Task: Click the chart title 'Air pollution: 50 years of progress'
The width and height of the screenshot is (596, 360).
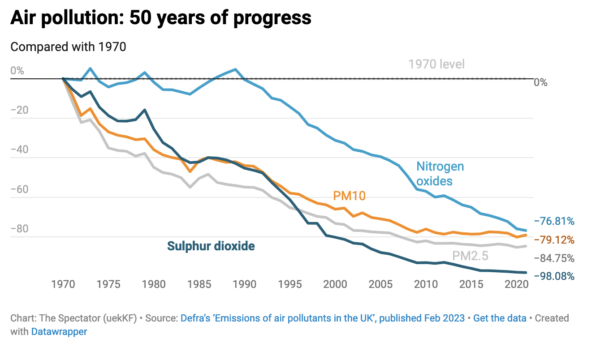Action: pyautogui.click(x=161, y=18)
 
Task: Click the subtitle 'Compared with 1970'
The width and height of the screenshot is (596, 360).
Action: pyautogui.click(x=68, y=47)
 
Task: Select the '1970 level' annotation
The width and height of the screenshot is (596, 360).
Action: pyautogui.click(x=436, y=64)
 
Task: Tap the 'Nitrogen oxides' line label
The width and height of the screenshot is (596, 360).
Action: pyautogui.click(x=440, y=174)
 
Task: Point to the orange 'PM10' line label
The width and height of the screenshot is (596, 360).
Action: pyautogui.click(x=350, y=196)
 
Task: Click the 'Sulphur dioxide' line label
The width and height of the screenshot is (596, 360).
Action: pyautogui.click(x=211, y=246)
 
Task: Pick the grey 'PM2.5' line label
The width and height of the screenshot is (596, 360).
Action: pyautogui.click(x=470, y=256)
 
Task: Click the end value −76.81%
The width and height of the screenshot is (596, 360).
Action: pyautogui.click(x=554, y=221)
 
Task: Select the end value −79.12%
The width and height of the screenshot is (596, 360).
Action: pyautogui.click(x=554, y=240)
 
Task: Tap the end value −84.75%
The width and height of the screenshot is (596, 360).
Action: pyautogui.click(x=554, y=258)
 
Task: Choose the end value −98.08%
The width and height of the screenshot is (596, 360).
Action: pyautogui.click(x=554, y=276)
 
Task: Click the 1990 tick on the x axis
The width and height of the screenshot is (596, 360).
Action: pyautogui.click(x=244, y=284)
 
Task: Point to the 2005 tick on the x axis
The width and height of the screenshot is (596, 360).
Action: pyautogui.click(x=380, y=284)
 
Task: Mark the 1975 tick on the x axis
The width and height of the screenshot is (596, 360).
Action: pyautogui.click(x=108, y=284)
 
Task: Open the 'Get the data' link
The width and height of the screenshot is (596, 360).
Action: pyautogui.click(x=500, y=318)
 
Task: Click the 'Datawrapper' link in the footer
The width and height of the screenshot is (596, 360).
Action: pyautogui.click(x=59, y=332)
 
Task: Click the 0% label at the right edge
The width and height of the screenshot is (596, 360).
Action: pyautogui.click(x=540, y=82)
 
